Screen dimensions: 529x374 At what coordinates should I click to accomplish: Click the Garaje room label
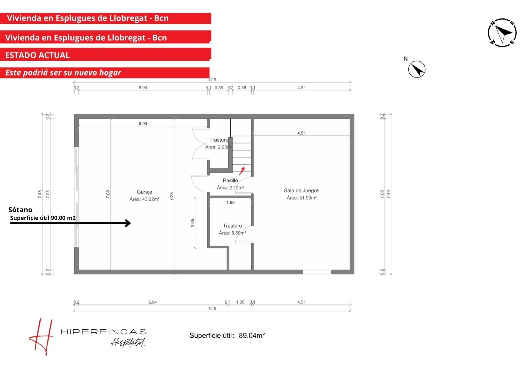[144, 192]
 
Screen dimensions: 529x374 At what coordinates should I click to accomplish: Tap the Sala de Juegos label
[301, 190]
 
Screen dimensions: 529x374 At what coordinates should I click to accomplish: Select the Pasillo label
[230, 181]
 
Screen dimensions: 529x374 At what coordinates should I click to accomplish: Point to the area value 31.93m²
[308, 198]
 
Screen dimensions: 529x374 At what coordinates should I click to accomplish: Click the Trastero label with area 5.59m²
[232, 226]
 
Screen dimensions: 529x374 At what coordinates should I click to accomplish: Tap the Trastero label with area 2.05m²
[219, 140]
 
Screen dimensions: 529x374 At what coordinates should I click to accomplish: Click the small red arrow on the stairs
[241, 171]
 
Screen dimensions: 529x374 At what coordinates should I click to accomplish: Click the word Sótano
[20, 210]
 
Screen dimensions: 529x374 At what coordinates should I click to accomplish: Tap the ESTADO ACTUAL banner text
[37, 55]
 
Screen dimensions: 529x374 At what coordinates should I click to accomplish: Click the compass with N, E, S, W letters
[502, 33]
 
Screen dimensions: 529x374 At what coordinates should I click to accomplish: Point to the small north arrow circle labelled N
[417, 69]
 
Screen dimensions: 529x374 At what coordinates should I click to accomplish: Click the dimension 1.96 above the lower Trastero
[230, 203]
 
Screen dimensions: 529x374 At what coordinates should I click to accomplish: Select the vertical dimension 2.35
[193, 223]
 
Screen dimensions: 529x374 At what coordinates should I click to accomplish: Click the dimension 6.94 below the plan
[152, 302]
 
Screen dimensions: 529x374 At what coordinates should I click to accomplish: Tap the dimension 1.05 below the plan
[240, 302]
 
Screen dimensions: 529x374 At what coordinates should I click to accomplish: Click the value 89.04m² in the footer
[252, 335]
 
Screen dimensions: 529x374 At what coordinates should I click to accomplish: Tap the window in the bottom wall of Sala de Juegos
[317, 272]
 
